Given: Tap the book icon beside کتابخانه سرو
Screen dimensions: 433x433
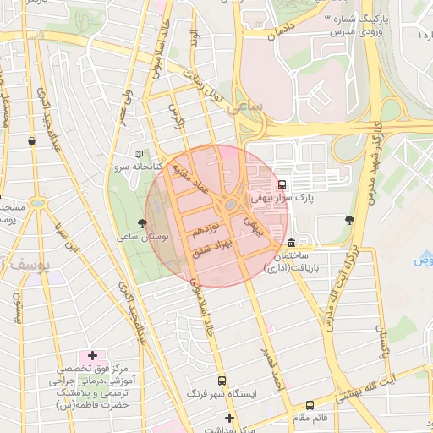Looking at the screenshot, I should pyautogui.click(x=138, y=154).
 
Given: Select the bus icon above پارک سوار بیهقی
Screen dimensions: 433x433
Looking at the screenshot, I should pyautogui.click(x=282, y=184).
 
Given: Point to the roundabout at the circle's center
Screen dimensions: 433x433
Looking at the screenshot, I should pyautogui.click(x=230, y=205).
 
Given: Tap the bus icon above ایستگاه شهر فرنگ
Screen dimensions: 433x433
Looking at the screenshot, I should pyautogui.click(x=222, y=381).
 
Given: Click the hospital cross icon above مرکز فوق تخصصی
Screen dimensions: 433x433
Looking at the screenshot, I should pyautogui.click(x=93, y=357).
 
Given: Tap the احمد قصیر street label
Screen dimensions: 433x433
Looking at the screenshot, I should pyautogui.click(x=273, y=369).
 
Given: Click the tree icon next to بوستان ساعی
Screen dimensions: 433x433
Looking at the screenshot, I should pyautogui.click(x=140, y=222).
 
